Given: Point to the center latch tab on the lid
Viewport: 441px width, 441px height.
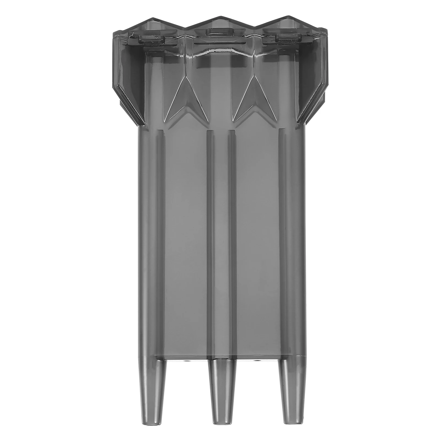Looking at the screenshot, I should tap(219, 31).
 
